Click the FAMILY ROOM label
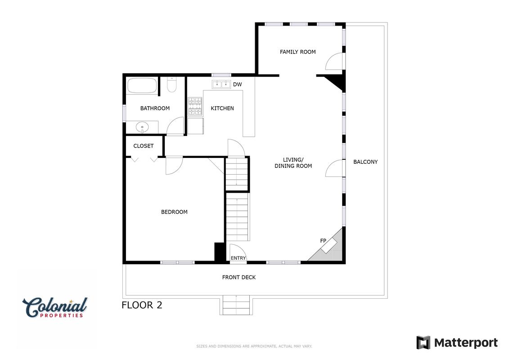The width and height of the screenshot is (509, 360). (x=297, y=52)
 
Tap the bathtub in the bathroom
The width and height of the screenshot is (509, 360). (x=142, y=85)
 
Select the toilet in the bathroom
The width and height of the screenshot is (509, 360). (x=171, y=85)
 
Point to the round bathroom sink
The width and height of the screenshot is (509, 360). (x=142, y=127)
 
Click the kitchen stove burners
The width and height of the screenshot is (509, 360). (x=195, y=107)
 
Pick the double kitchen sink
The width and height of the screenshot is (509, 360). (x=221, y=85)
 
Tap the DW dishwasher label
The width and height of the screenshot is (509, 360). (x=238, y=85)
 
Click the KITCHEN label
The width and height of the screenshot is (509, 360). (x=222, y=108)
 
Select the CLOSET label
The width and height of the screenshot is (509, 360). (x=144, y=146)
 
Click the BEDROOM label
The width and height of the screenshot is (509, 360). (x=174, y=212)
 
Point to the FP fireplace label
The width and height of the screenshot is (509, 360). (x=323, y=241)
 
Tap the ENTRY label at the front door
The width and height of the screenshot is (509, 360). (x=238, y=258)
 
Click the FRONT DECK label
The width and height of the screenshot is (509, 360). (x=239, y=277)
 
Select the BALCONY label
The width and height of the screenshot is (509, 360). (x=365, y=162)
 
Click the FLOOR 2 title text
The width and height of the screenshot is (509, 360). (x=142, y=305)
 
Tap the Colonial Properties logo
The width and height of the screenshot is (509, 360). (x=55, y=307)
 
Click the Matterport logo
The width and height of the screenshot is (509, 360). (x=457, y=343)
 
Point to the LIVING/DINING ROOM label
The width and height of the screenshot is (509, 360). (x=293, y=162)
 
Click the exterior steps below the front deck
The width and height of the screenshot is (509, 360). (x=236, y=305)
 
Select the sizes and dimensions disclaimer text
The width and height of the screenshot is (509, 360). (x=254, y=346)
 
